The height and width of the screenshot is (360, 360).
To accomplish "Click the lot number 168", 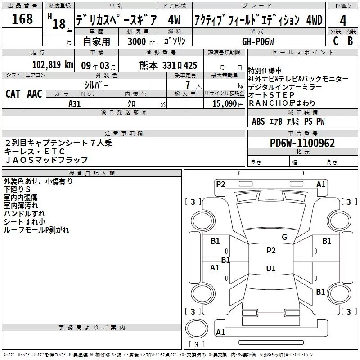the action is (x=22, y=18).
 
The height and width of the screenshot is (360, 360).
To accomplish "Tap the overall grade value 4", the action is (x=343, y=21).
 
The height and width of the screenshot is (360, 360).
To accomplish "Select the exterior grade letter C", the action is (x=336, y=41).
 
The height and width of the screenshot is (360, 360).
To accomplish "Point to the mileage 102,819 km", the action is (x=53, y=65).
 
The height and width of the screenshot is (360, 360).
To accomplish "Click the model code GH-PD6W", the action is (x=258, y=41).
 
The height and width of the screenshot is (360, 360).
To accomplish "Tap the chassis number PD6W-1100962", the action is (x=302, y=143).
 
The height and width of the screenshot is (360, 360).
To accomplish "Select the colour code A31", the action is (x=74, y=104).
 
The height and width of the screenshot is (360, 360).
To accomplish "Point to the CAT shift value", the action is (x=13, y=94).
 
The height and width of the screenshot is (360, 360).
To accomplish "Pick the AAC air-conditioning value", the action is (x=35, y=94).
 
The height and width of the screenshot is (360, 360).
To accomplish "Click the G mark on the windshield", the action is (x=284, y=237).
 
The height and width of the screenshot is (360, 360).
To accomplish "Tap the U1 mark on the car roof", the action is (x=271, y=268).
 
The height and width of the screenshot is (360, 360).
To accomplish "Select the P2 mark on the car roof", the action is (x=271, y=251).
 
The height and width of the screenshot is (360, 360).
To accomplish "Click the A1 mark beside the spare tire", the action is (x=220, y=332).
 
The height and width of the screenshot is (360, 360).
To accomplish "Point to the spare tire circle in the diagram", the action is (x=197, y=328).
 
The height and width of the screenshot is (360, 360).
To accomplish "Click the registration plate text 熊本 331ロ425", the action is (x=168, y=65).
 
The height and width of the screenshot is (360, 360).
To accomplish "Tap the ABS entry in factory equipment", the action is (x=258, y=121).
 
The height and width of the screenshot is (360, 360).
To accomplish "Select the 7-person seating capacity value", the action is (x=188, y=85).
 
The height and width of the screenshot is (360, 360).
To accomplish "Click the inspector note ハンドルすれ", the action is (x=24, y=213).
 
